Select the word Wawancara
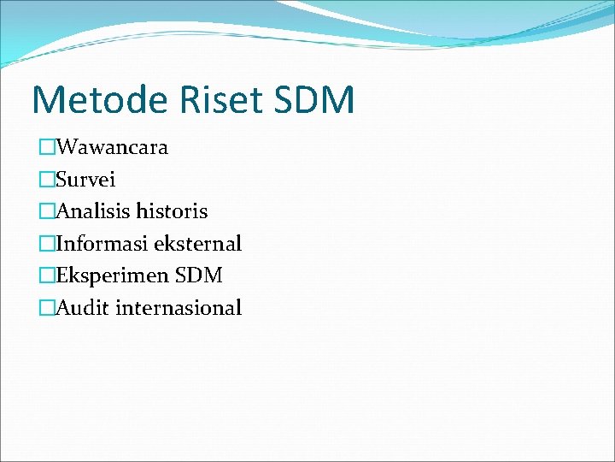(111, 147)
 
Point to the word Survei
(85, 180)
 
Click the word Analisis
(91, 211)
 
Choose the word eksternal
(197, 244)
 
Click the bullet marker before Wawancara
(46, 148)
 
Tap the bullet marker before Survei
(46, 180)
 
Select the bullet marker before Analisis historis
(46, 211)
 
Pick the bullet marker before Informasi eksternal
(46, 244)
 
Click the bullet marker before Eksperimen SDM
(46, 276)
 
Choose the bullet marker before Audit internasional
(46, 308)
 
